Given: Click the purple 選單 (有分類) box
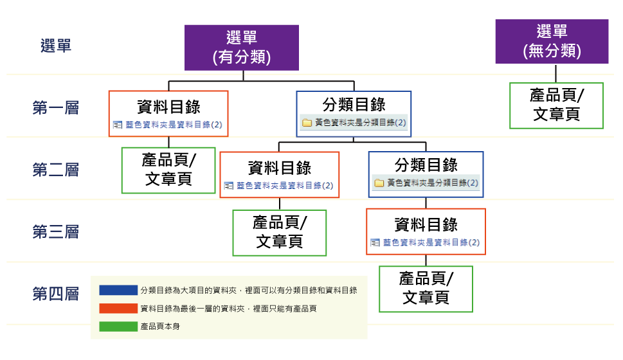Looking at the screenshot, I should click(x=242, y=47).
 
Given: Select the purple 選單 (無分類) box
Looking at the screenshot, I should click(x=552, y=41).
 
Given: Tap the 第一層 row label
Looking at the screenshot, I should click(x=55, y=107).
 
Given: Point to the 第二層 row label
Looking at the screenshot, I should click(x=55, y=170).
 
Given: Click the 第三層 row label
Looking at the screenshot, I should click(x=55, y=231).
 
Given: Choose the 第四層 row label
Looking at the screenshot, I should click(x=55, y=294).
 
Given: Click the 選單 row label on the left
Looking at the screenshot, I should click(x=55, y=46).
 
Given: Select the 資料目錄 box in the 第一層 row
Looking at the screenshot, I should click(x=168, y=113).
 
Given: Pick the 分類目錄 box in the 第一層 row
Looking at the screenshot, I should click(x=354, y=113).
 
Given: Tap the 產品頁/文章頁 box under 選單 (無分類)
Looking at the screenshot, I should click(x=556, y=105).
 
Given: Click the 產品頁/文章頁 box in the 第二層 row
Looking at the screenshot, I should click(x=168, y=170).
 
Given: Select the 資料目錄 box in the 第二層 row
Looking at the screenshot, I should click(x=280, y=174).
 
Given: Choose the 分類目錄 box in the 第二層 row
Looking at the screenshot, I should click(x=426, y=174).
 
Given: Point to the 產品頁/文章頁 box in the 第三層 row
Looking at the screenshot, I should click(x=280, y=233).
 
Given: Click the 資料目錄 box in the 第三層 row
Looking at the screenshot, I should click(x=426, y=231).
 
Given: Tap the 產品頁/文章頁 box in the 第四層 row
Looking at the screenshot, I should click(x=426, y=289).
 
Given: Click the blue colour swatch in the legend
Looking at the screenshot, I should click(x=118, y=291).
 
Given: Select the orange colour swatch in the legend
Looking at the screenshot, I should click(x=118, y=309).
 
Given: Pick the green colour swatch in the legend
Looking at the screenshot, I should click(x=118, y=327).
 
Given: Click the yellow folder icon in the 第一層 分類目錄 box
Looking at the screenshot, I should click(x=307, y=123).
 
